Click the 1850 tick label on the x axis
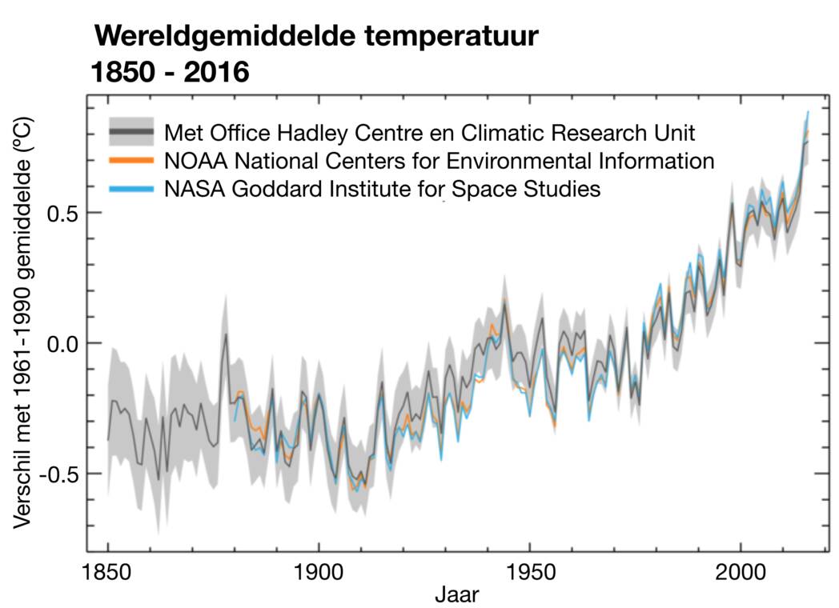point(108,572)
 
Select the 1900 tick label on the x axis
point(319,572)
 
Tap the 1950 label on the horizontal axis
point(529,572)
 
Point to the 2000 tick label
point(741,572)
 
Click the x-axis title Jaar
point(457,594)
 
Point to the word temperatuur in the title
point(449,37)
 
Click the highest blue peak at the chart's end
point(808,112)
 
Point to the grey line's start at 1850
point(108,439)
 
